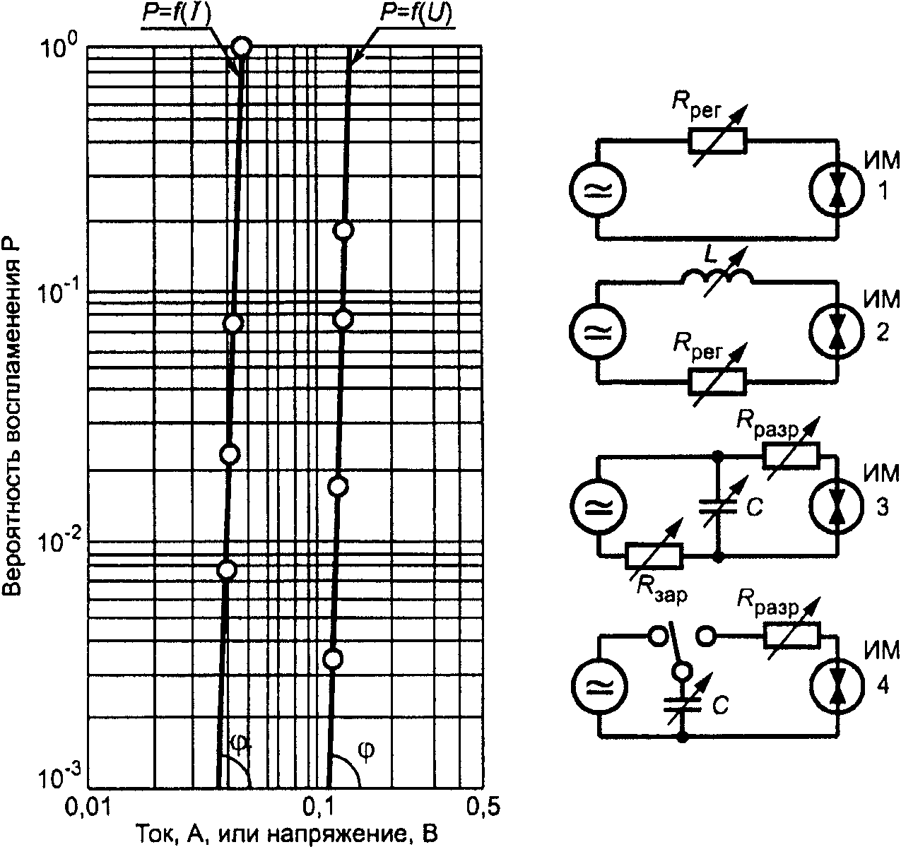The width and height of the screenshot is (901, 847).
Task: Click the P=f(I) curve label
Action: pyautogui.click(x=177, y=13)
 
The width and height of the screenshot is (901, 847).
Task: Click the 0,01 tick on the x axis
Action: pyautogui.click(x=88, y=807)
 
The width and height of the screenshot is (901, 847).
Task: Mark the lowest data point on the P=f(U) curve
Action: pyautogui.click(x=334, y=659)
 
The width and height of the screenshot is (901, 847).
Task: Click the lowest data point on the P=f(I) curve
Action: pyautogui.click(x=227, y=570)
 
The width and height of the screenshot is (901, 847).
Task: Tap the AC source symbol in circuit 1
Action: pyautogui.click(x=598, y=189)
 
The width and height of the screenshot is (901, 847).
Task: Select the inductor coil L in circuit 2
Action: pyautogui.click(x=717, y=277)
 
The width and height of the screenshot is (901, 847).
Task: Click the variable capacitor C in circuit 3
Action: pyautogui.click(x=718, y=507)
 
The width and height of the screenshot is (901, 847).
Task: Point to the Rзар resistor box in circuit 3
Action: pyautogui.click(x=653, y=556)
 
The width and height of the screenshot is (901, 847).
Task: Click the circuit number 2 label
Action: pyautogui.click(x=883, y=333)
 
